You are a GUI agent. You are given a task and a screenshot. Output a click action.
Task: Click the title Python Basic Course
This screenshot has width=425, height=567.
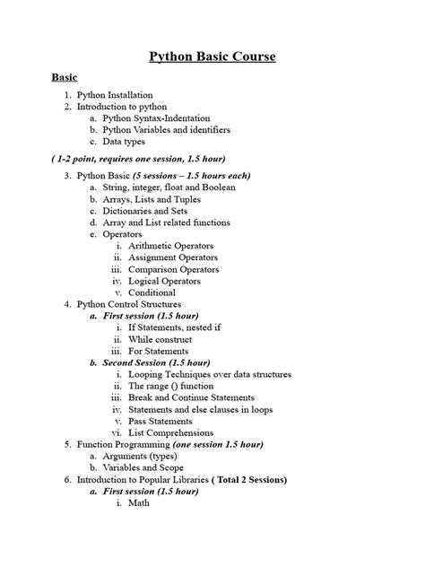pos(212,58)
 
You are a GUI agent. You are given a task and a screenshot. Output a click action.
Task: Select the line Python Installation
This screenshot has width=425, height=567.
pos(115,94)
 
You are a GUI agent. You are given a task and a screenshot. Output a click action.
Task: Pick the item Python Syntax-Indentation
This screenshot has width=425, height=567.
pos(156,118)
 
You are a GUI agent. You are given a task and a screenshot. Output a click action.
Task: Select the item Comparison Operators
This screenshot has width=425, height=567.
pos(173,269)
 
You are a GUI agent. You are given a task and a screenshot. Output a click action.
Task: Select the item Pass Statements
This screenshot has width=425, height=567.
pos(160,421)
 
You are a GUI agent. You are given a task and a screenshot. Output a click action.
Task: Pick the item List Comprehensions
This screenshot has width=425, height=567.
pos(168,432)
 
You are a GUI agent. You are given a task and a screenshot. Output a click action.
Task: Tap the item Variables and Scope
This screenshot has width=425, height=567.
pos(143,467)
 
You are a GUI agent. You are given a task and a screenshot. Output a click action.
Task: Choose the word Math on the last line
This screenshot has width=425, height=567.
pos(139,503)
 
